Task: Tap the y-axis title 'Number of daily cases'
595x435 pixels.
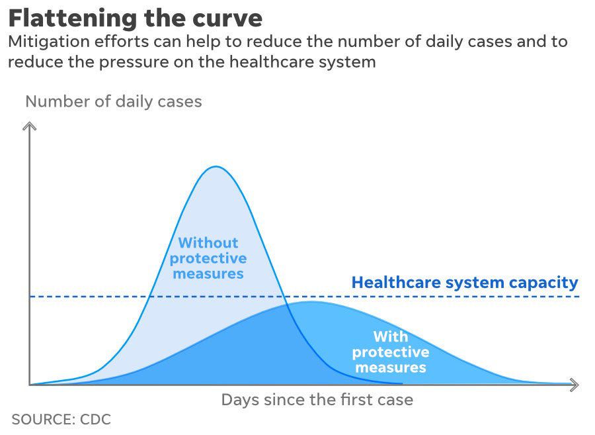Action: coord(113,101)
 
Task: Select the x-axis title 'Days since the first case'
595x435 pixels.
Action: coord(317,400)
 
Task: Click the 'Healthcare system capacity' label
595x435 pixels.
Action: coord(464,283)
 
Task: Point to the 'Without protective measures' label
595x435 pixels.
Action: coord(208,258)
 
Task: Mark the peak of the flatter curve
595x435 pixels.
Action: coord(309,302)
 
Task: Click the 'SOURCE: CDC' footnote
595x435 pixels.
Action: coord(61,419)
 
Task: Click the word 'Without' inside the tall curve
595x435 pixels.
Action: coord(208,243)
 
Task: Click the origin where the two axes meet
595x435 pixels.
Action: coord(29,385)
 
